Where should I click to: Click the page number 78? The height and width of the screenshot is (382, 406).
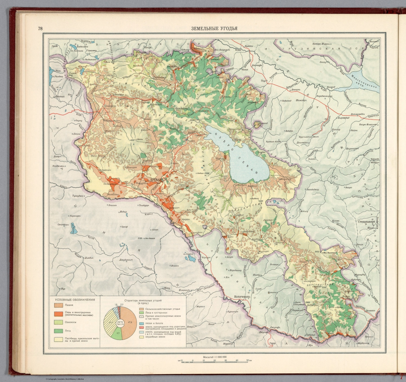[40, 29]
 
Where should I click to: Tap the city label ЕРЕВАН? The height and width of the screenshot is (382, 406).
[156, 180]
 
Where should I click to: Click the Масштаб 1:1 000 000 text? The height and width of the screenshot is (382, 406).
[214, 357]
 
